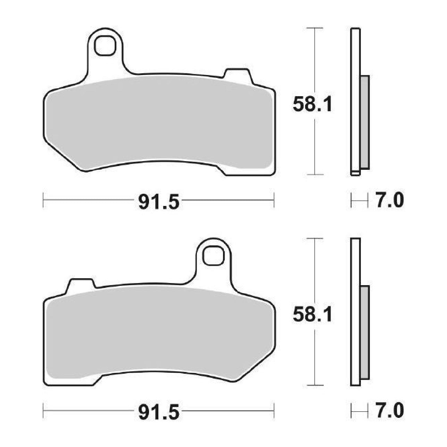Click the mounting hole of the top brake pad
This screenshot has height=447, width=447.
coord(105,45)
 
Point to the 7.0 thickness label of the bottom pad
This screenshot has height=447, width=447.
coord(389,411)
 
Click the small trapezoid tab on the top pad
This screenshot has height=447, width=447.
coord(238,76)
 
